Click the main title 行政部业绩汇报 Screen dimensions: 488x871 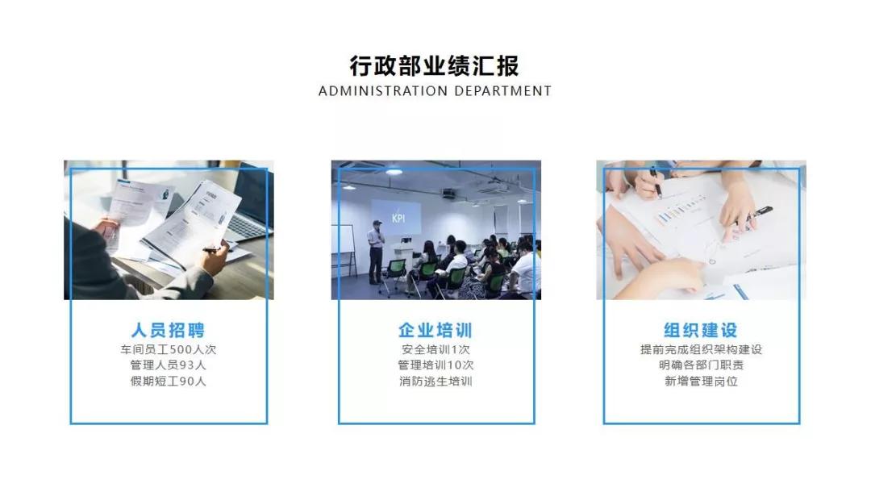tap(435, 65)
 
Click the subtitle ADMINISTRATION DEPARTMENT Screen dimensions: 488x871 tap(435, 91)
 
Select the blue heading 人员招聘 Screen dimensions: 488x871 tap(169, 330)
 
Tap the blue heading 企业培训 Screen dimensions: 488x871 tap(435, 330)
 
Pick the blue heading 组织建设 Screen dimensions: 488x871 tap(701, 330)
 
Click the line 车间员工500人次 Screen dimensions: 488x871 tap(169, 350)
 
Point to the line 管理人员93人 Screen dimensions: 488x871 tap(169, 365)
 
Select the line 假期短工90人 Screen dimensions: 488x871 tap(169, 381)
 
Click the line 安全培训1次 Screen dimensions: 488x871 tap(435, 350)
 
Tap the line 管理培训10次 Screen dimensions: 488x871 tap(435, 365)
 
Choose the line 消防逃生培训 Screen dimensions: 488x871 tap(435, 381)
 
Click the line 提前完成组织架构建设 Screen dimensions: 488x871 tap(701, 350)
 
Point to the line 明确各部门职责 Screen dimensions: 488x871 tap(701, 365)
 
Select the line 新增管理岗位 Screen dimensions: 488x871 tap(701, 381)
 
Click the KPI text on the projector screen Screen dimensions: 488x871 tap(398, 218)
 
